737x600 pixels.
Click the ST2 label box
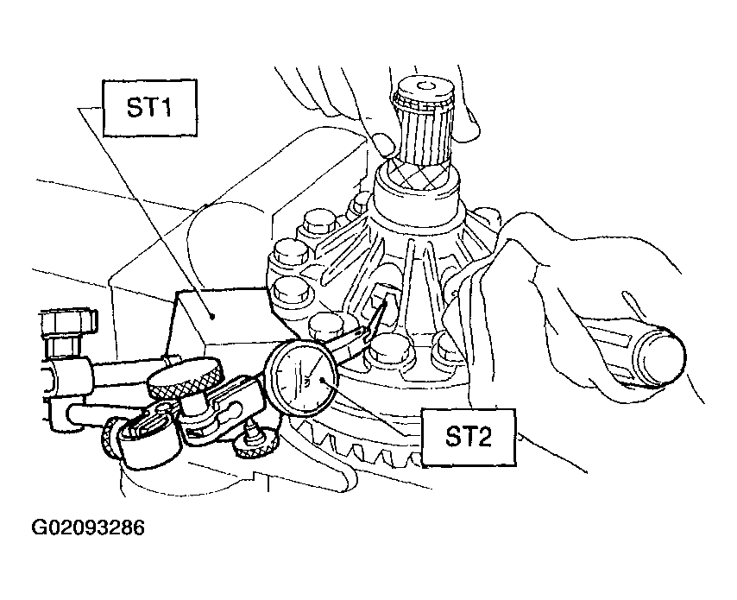[469, 437]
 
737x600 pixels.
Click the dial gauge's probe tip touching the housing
[386, 303]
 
